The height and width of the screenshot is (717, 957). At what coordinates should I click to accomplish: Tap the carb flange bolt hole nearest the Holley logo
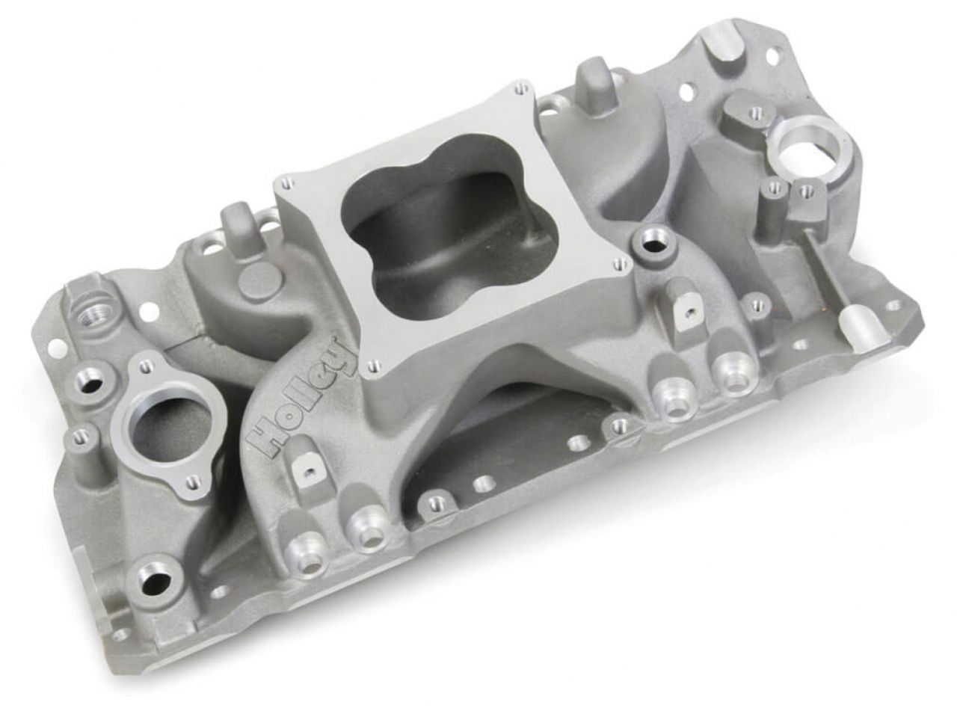coord(372,366)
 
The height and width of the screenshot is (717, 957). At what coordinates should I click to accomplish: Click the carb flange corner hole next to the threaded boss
coord(620,264)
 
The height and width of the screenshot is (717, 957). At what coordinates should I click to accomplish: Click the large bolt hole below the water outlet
coord(152,579)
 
